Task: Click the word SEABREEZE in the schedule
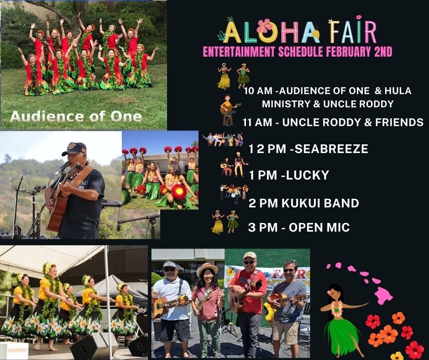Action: pyautogui.click(x=332, y=149)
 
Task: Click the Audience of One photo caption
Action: pyautogui.click(x=75, y=116)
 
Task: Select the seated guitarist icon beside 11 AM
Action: pyautogui.click(x=229, y=110)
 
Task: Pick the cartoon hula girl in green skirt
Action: pyautogui.click(x=340, y=320)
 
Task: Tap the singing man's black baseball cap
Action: pyautogui.click(x=75, y=148)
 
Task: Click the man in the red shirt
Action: pyautogui.click(x=246, y=297)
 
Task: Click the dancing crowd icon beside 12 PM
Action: pyautogui.click(x=222, y=139)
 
